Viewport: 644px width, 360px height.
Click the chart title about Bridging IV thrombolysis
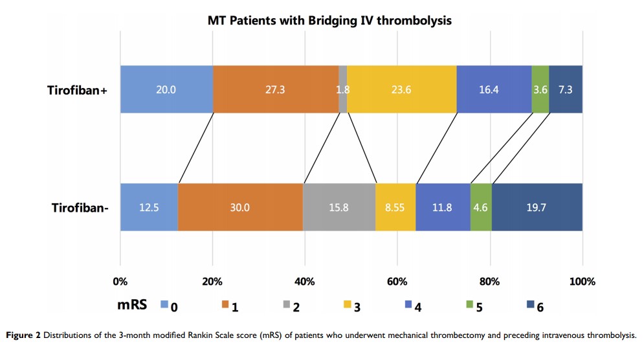[x=329, y=21]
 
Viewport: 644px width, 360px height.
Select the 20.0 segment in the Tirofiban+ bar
[x=166, y=89]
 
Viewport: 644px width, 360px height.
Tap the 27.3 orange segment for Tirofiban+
[x=276, y=89]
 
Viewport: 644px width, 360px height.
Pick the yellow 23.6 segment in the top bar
[x=401, y=89]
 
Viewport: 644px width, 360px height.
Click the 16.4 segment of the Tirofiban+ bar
[x=494, y=89]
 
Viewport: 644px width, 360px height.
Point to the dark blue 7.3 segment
[x=566, y=89]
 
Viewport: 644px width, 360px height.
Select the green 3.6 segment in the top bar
[x=540, y=89]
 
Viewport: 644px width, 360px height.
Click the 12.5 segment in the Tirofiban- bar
[x=149, y=207]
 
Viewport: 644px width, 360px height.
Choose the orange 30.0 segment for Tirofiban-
[x=240, y=207]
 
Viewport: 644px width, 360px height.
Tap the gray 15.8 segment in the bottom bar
[x=339, y=207]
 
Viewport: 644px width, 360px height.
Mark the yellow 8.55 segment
[x=395, y=207]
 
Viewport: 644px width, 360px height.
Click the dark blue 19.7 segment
[x=537, y=207]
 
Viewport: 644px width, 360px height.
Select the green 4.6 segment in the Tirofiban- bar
[x=481, y=207]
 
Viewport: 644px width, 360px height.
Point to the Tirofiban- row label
[x=79, y=208]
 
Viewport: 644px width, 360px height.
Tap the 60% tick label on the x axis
[x=397, y=282]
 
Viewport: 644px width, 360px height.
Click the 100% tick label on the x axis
[x=582, y=282]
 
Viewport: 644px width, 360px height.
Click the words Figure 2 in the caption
[x=25, y=335]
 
